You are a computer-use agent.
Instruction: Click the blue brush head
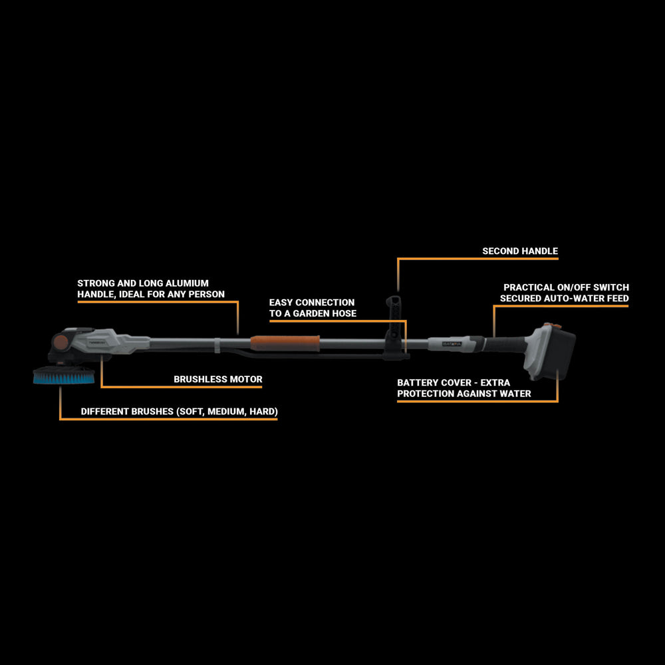[64, 376]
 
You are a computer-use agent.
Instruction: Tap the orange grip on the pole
[285, 343]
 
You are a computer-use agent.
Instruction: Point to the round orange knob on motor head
[61, 342]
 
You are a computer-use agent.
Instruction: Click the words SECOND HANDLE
[520, 251]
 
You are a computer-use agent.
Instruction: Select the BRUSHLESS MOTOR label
[218, 379]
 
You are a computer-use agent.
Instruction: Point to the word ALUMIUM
[187, 283]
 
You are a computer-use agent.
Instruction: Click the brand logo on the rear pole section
[452, 344]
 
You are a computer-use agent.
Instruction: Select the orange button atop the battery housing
[552, 326]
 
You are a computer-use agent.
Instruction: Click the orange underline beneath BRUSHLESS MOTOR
[182, 387]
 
